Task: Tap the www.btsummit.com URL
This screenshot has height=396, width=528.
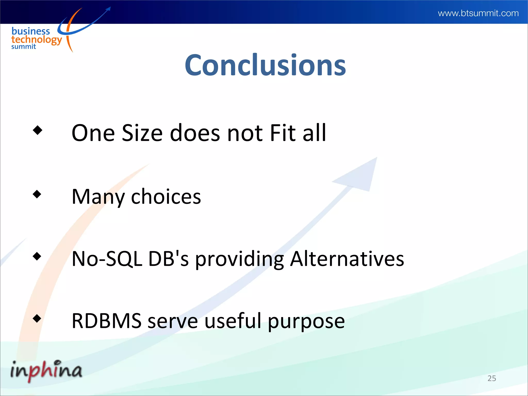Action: click(478, 13)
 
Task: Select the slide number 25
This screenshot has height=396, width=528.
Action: click(492, 378)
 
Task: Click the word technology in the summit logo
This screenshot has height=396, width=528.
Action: click(37, 40)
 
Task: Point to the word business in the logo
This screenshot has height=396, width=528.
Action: click(31, 31)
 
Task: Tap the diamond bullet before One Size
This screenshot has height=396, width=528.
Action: click(38, 130)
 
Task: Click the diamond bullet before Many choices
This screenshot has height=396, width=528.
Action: click(37, 194)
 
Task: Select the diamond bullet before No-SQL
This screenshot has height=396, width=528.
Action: click(37, 256)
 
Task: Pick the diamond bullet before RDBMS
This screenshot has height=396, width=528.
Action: click(37, 318)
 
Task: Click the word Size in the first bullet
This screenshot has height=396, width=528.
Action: click(142, 133)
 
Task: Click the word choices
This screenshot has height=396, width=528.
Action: click(166, 197)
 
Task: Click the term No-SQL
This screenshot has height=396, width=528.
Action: click(107, 259)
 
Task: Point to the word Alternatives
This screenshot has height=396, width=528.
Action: click(347, 259)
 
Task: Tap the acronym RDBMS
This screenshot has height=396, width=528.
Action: click(106, 321)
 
